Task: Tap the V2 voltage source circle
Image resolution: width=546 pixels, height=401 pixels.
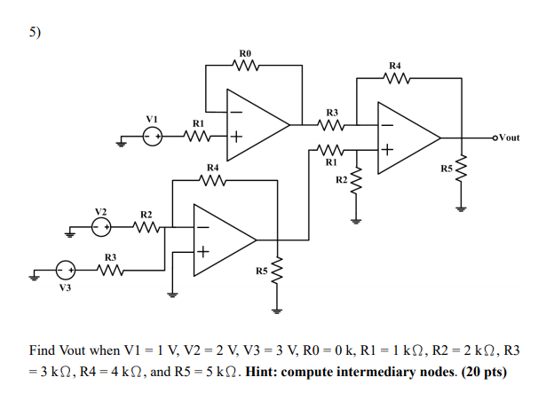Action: tap(101, 227)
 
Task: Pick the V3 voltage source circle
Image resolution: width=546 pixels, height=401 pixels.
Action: tap(64, 271)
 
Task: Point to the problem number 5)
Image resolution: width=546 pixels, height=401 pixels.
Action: tap(35, 33)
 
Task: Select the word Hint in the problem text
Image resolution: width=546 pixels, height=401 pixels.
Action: tap(264, 371)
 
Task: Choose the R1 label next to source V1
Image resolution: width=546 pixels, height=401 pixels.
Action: tap(199, 123)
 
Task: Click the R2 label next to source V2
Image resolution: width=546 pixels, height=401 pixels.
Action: tap(146, 215)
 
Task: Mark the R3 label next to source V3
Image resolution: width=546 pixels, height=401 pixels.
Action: tap(110, 258)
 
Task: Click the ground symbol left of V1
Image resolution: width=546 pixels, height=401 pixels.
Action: tap(120, 138)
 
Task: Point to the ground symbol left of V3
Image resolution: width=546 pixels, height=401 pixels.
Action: tap(33, 275)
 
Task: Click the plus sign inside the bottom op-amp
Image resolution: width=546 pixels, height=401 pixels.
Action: tap(203, 252)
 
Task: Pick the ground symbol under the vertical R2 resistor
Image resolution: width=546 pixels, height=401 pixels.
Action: tap(357, 218)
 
